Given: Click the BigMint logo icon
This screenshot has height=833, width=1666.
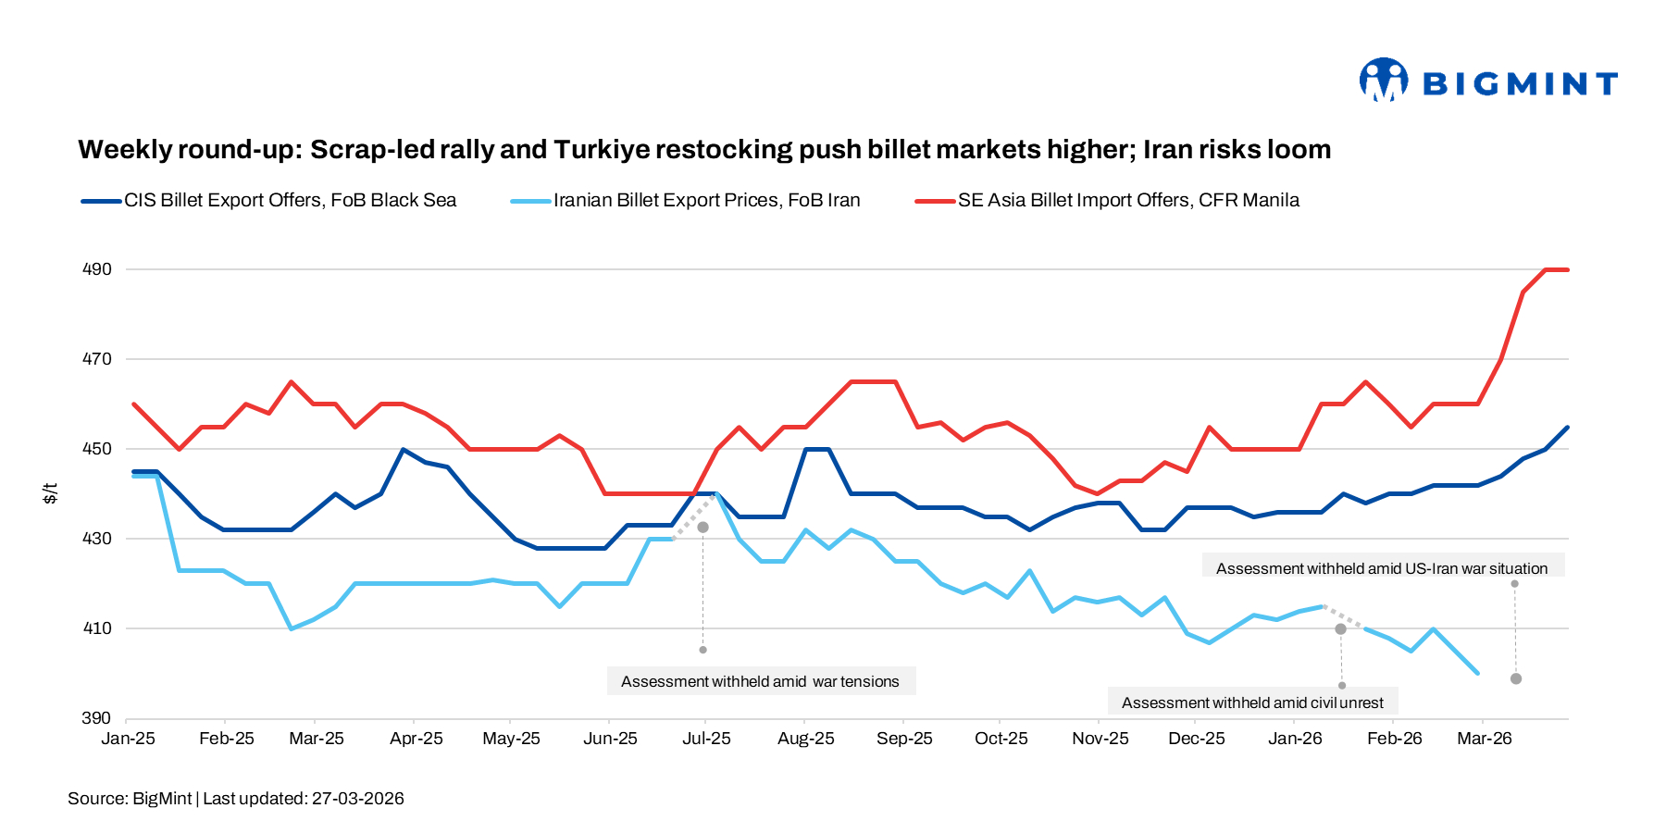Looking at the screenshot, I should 1383,81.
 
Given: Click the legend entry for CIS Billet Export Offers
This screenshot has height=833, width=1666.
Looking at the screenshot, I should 290,201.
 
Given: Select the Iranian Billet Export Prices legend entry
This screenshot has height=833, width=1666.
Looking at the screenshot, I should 706,201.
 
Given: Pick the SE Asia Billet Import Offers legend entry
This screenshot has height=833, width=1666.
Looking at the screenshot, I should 1127,201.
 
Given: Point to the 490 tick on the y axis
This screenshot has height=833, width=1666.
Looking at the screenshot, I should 97,269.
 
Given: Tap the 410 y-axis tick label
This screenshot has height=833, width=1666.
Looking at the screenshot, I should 97,628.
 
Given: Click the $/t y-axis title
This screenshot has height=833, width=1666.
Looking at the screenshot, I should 51,493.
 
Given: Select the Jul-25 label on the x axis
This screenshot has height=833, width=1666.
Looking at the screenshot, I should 706,739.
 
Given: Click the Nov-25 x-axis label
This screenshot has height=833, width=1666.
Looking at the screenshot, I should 1100,739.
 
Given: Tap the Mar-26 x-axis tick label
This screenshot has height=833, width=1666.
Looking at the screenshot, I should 1484,739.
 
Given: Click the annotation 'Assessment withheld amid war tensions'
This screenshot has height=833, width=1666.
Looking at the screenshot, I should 760,682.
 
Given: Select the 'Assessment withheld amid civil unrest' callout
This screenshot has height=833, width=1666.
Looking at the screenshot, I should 1252,703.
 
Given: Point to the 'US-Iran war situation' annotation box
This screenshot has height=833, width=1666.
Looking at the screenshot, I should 1382,569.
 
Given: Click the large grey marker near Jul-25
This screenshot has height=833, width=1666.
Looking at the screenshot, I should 702,527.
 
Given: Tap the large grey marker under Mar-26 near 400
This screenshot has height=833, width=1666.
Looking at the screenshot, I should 1516,678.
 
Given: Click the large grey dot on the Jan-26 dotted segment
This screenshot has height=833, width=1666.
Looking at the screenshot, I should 1340,628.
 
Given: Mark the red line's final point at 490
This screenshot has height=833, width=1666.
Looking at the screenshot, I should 1567,269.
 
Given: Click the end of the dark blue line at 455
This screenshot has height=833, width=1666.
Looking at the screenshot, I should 1567,428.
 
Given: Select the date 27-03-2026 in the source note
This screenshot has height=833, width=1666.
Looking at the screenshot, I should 357,799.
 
